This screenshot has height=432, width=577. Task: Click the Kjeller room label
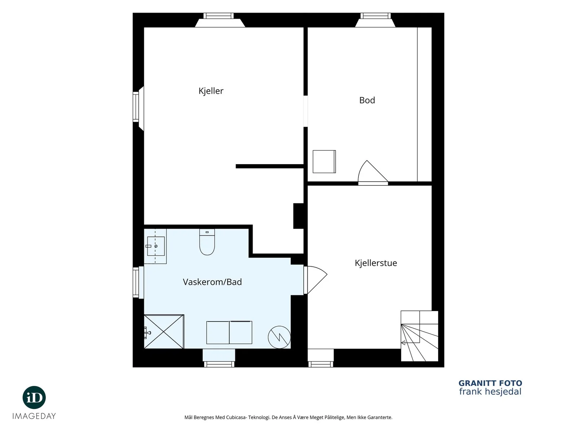point(211,91)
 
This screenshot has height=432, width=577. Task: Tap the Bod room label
point(367,100)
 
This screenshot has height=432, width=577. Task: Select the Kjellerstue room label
point(376,263)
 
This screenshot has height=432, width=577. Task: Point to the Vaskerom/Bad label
point(212,282)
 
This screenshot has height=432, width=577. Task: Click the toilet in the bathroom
point(207,242)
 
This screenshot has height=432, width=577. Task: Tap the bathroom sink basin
point(156,246)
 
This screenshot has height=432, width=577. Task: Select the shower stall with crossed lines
point(164,332)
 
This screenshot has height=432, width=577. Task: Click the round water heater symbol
point(279,337)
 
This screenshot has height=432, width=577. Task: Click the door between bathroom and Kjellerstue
point(316,280)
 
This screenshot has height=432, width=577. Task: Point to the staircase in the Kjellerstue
point(419,336)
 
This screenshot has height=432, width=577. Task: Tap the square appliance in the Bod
point(324,162)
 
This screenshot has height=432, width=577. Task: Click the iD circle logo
point(34,397)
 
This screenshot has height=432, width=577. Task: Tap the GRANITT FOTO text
point(490,383)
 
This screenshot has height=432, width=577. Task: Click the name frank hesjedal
point(490,392)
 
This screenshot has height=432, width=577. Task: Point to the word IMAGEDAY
point(34,416)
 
